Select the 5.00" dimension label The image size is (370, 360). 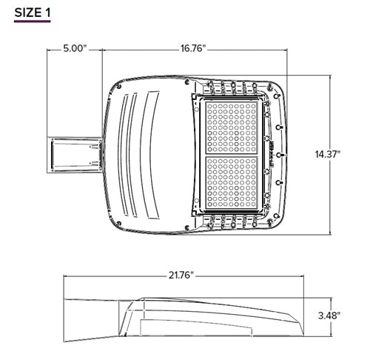click(x=74, y=49)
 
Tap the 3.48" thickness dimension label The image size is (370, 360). click(x=326, y=316)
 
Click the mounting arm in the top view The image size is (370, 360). click(x=75, y=154)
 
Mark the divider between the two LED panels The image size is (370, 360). click(x=232, y=154)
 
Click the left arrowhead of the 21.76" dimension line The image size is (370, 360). click(x=64, y=275)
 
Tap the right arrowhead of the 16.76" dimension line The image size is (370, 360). click(x=286, y=49)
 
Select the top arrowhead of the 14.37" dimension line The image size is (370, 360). click(x=326, y=78)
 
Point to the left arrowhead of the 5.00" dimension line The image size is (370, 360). click(x=50, y=49)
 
